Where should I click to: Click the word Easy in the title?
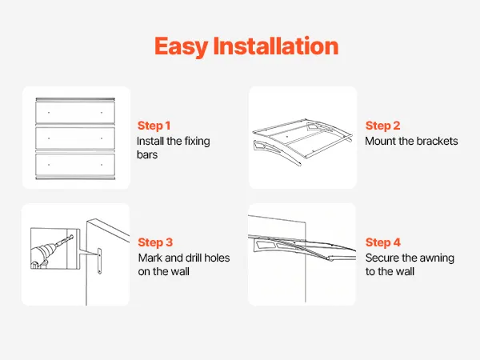click(181, 47)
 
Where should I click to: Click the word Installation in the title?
click(276, 46)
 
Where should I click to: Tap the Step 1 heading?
click(154, 126)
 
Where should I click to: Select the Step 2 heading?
click(382, 126)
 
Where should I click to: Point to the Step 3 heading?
click(155, 242)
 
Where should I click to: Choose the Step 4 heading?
click(382, 242)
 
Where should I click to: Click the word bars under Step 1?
click(147, 154)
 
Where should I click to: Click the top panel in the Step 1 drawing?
click(75, 113)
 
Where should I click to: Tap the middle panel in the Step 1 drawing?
click(75, 138)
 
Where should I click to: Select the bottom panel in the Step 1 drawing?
click(75, 165)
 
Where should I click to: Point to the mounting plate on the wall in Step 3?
click(99, 261)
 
